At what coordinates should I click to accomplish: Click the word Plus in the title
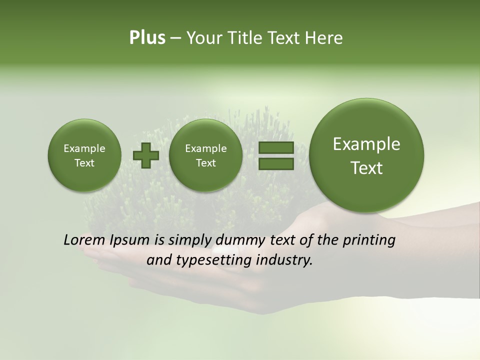click(x=147, y=38)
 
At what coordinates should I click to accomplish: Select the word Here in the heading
click(x=323, y=38)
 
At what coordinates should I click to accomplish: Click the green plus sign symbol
click(x=146, y=155)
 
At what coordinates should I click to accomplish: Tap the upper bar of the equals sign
click(x=276, y=148)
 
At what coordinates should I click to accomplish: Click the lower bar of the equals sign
click(x=276, y=164)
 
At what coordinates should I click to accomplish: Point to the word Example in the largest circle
click(x=366, y=144)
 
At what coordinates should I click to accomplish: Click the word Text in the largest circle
click(x=366, y=168)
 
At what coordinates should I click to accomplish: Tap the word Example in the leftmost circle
click(x=84, y=148)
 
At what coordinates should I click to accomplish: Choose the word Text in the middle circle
click(x=205, y=163)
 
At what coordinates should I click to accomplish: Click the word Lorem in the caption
click(x=83, y=240)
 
